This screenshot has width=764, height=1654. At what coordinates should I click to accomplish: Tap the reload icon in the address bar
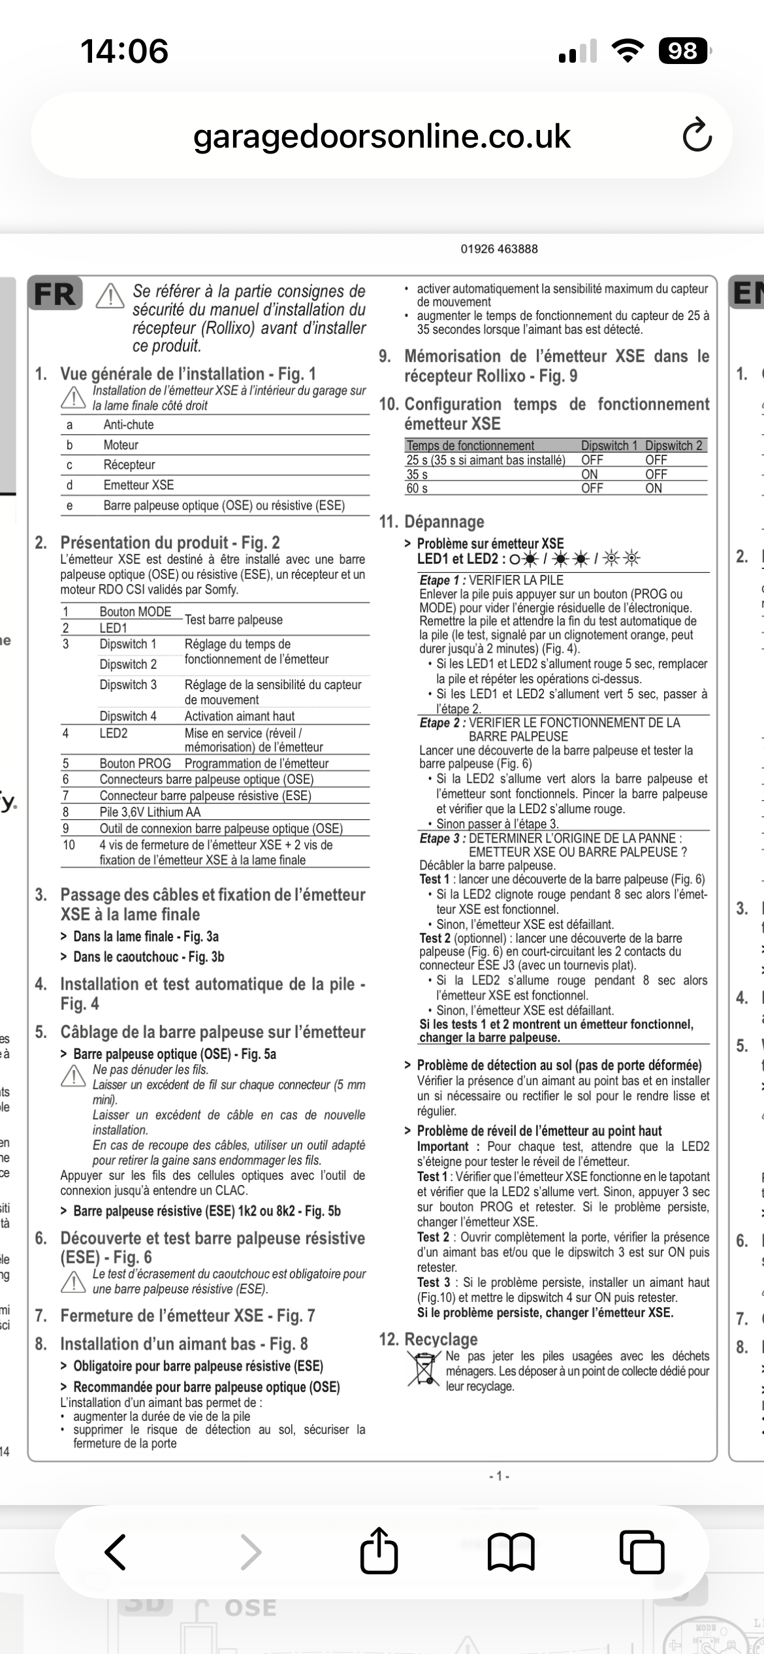697,135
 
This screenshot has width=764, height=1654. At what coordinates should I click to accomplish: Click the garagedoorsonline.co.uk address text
382,136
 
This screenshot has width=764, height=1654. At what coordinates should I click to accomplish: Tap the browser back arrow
116,1552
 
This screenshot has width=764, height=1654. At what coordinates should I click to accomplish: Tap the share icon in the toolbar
379,1552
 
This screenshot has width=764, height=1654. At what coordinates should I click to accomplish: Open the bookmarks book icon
511,1552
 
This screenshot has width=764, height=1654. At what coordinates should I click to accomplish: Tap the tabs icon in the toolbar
642,1552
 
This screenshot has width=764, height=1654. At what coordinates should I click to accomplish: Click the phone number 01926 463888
499,249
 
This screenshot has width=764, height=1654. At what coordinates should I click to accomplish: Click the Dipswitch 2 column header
674,446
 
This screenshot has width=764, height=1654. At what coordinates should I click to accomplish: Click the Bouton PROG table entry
135,764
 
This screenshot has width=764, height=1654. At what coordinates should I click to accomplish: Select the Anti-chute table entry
129,425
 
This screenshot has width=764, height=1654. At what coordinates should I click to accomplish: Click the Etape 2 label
442,722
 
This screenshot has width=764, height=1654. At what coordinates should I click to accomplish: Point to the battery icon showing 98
684,51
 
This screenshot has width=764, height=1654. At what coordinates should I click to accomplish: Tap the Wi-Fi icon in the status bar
628,51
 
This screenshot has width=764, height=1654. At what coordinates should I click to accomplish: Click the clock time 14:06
124,51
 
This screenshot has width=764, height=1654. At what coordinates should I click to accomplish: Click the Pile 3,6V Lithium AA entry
150,812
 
